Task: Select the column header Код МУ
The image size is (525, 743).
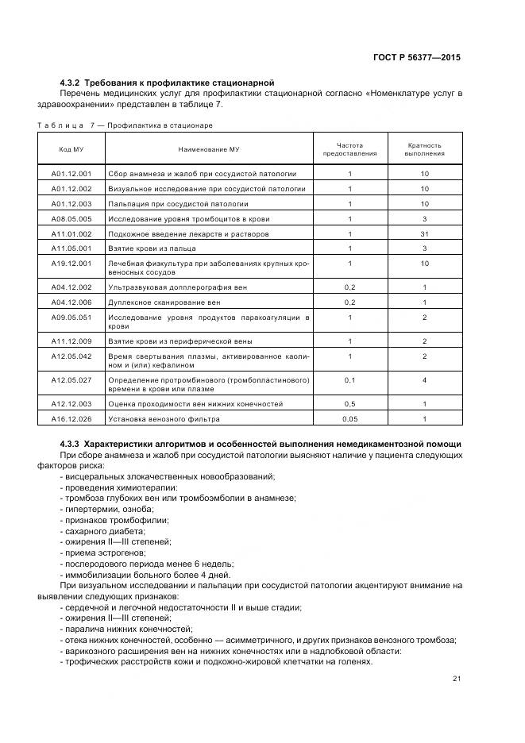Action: [x=71, y=149]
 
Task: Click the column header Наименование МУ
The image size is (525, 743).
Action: [x=209, y=149]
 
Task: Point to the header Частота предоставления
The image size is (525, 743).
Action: [x=349, y=149]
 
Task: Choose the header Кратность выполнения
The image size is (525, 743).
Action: [x=424, y=149]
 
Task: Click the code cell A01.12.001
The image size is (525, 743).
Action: [x=71, y=173]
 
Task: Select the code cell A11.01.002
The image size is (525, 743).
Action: [x=71, y=234]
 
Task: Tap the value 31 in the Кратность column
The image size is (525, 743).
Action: [x=424, y=234]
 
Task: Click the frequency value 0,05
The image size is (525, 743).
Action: [x=349, y=418]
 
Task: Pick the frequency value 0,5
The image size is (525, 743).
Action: [x=349, y=403]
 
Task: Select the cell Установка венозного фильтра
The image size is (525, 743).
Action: [x=164, y=418]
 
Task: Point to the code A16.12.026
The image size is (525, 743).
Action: [x=71, y=418]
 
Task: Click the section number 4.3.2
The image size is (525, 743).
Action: [x=71, y=83]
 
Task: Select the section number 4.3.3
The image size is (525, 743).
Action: [x=71, y=443]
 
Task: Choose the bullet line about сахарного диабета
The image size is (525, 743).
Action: [x=106, y=530]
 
